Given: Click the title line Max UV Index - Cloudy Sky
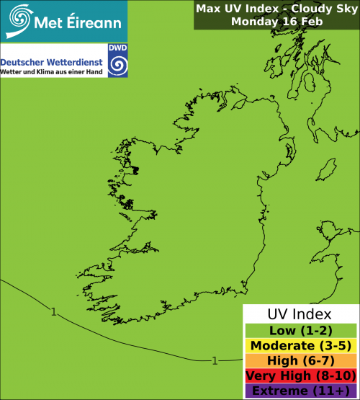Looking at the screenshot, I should coord(275,9).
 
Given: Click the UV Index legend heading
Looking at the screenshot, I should coord(300,315).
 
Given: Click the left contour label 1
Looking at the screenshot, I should coord(54,311).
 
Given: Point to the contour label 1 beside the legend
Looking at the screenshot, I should coord(215,360).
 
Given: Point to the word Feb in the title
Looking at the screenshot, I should coord(308,22).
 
